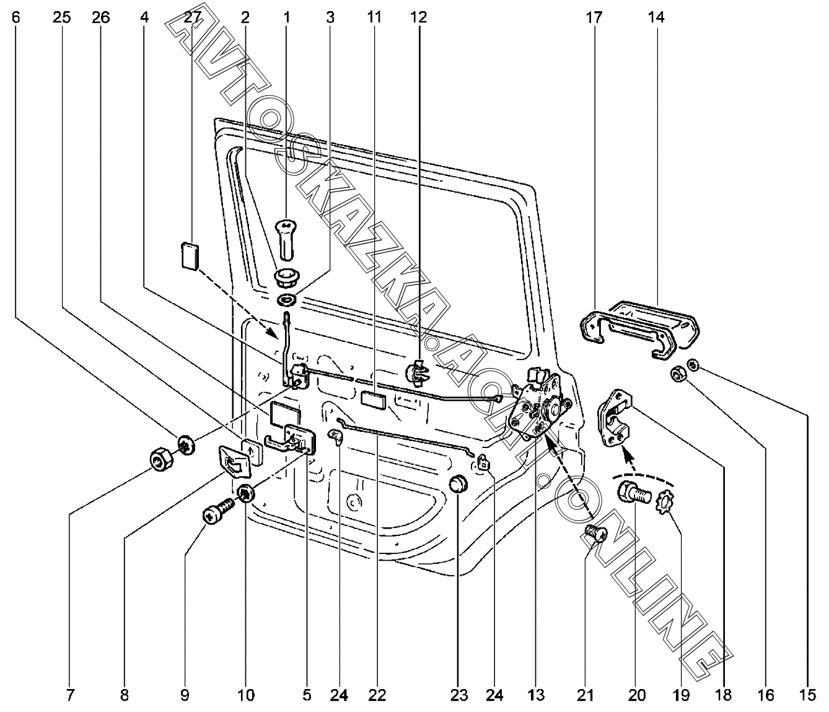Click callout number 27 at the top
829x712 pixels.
(x=193, y=17)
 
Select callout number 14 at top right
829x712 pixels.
(x=656, y=17)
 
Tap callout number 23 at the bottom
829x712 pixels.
(x=458, y=695)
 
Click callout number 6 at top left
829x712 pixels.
(x=15, y=17)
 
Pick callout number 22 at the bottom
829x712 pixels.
(x=377, y=695)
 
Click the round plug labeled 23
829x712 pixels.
(x=458, y=483)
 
